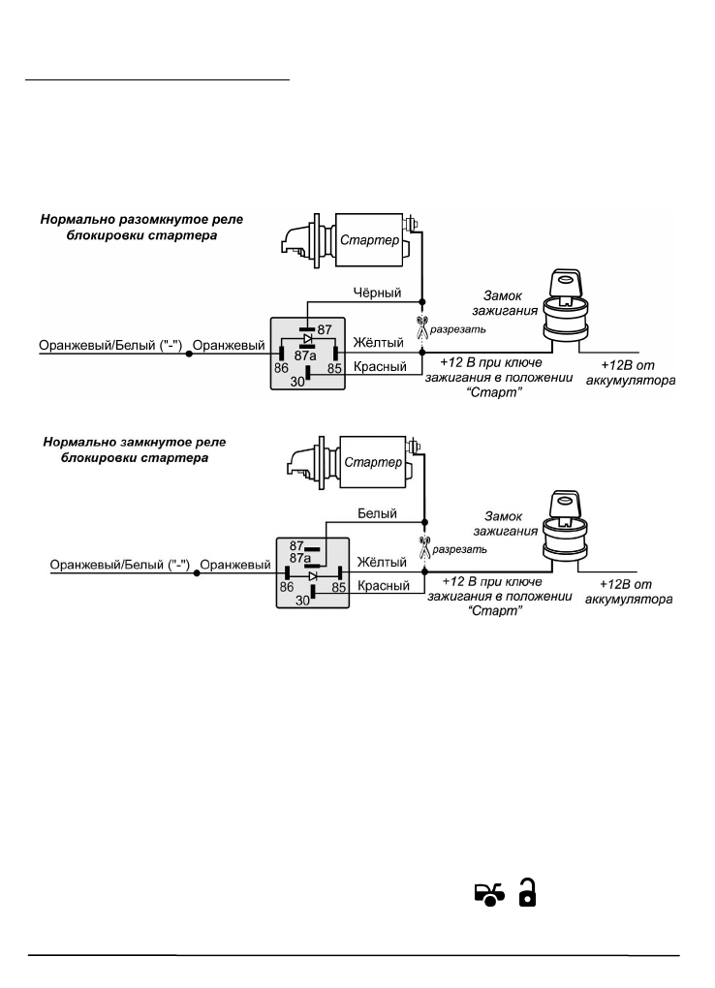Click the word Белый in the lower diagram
point(378,514)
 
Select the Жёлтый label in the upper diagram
point(378,342)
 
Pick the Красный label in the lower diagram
point(383,586)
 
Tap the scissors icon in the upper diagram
point(421,327)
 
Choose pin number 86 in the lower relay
point(287,587)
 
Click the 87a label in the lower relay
point(301,559)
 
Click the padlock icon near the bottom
point(528,893)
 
